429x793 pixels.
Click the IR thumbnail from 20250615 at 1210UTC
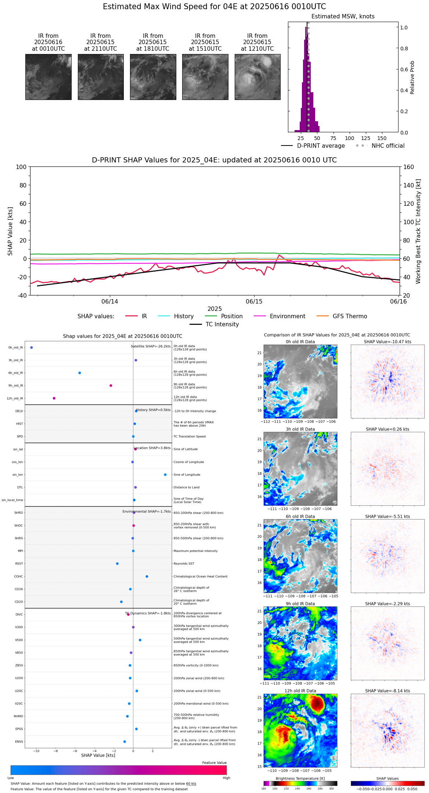click(257, 77)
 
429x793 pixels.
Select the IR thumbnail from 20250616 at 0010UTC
click(48, 77)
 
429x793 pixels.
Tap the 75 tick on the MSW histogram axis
click(333, 138)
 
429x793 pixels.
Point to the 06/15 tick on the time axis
click(254, 301)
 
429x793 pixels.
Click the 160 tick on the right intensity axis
click(409, 167)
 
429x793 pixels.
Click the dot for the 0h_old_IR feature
click(32, 347)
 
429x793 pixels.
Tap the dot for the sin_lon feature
click(165, 475)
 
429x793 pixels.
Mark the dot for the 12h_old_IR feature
click(54, 398)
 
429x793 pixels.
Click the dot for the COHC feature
click(147, 576)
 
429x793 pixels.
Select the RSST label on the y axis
click(19, 564)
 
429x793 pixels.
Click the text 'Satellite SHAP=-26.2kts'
click(151, 346)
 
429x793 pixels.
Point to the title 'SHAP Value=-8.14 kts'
click(387, 691)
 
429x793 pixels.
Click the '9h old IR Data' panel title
click(300, 604)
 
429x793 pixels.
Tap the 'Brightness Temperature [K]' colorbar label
click(300, 779)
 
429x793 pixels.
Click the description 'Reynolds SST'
click(184, 564)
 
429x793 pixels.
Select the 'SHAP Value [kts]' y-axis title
click(10, 231)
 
